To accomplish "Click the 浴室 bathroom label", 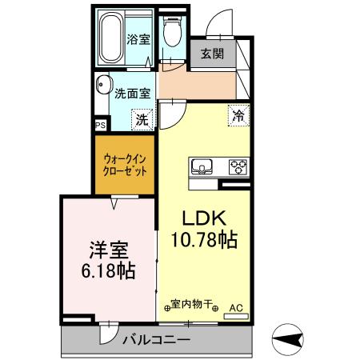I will click(x=138, y=38).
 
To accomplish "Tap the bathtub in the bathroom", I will click(x=112, y=38).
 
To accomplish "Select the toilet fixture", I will click(x=170, y=34).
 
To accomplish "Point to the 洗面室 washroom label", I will click(x=133, y=93).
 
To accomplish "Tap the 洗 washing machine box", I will click(x=141, y=121).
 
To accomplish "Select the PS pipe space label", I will click(x=100, y=125).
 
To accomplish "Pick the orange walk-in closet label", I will click(x=125, y=165).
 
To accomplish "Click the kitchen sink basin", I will click(x=202, y=167).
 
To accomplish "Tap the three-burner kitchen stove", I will click(x=238, y=167).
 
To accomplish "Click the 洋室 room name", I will click(x=107, y=249).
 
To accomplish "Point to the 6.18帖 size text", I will click(x=107, y=270).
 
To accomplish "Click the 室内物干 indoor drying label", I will click(x=192, y=305).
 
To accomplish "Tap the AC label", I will click(x=237, y=306).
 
